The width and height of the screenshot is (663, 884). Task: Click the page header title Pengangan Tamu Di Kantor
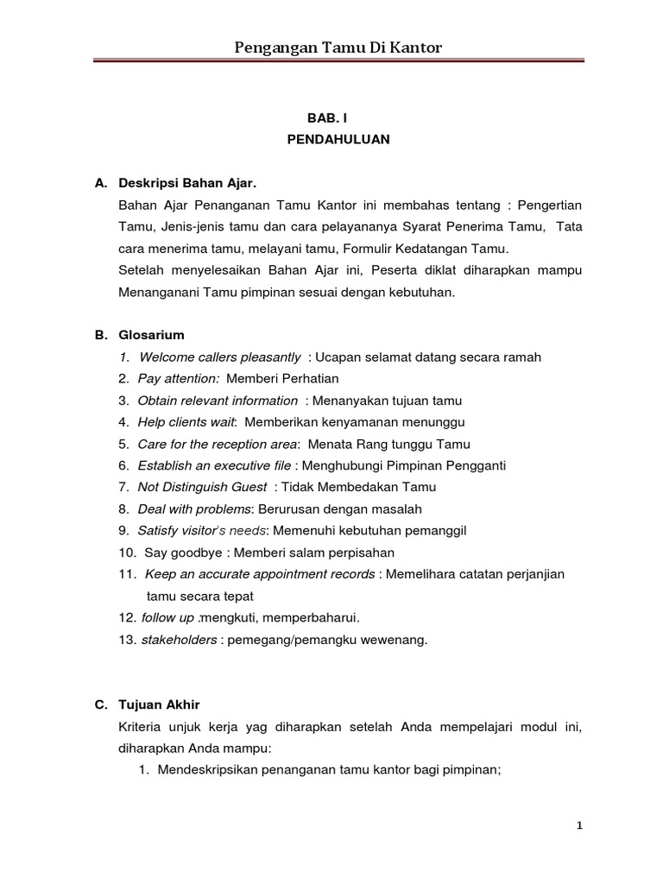[x=338, y=47]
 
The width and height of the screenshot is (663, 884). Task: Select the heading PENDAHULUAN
[x=338, y=138]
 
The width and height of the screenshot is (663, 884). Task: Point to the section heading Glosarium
[x=152, y=334]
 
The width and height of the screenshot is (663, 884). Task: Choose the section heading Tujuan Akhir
[x=160, y=705]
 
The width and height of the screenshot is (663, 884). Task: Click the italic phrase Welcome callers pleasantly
[x=219, y=357]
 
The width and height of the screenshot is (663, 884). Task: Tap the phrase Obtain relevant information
[x=218, y=401]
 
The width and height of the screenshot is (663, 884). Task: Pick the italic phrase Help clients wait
[x=187, y=422]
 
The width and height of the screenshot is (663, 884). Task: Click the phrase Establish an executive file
[x=214, y=465]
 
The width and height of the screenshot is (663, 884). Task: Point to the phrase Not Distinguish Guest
[x=202, y=487]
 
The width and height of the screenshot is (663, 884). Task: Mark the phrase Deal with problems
[x=193, y=509]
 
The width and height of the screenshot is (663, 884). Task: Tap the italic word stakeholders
[x=179, y=640]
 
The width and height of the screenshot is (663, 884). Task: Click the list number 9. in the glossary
[x=124, y=531]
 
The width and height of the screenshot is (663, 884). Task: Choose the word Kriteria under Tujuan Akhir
[x=143, y=728]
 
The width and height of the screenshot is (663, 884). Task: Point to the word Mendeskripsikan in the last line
[x=211, y=771]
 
